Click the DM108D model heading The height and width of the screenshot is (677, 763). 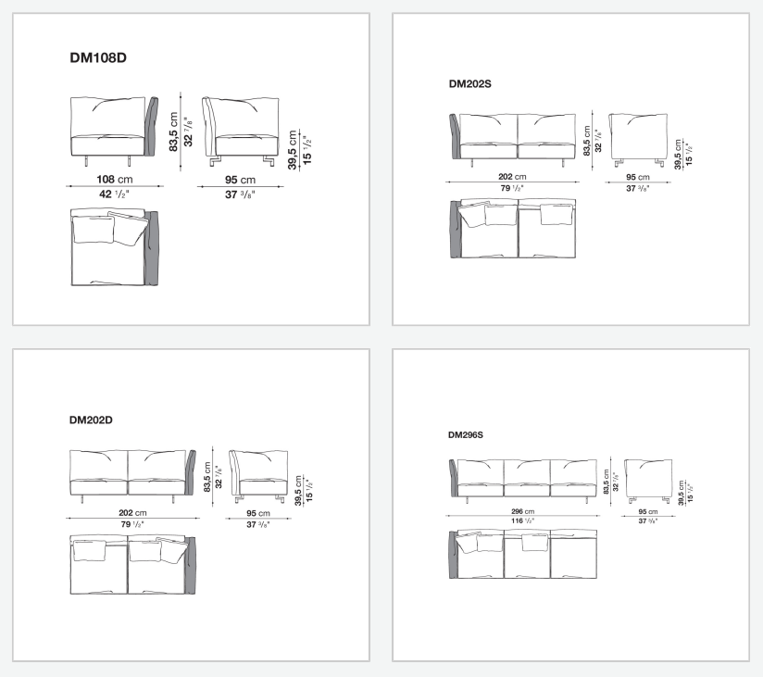click(x=98, y=58)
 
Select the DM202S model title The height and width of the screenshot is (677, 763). click(x=470, y=84)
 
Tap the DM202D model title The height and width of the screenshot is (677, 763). click(x=91, y=420)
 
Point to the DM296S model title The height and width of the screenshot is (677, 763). click(x=466, y=435)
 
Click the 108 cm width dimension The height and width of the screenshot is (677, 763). click(x=114, y=179)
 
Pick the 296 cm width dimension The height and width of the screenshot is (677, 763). click(x=522, y=511)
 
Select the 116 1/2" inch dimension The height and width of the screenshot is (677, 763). click(x=522, y=520)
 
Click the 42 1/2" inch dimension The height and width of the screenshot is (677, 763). click(x=114, y=194)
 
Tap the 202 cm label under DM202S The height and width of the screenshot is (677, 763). click(x=512, y=177)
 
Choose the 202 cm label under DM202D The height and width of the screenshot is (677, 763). click(x=132, y=513)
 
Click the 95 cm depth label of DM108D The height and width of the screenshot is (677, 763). click(x=240, y=180)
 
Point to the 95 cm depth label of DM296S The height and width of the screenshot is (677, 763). click(x=647, y=512)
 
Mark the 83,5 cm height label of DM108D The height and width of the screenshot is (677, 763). click(x=174, y=132)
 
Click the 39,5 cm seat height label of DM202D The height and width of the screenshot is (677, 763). click(x=298, y=491)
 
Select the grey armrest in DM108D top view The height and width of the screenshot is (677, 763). click(x=151, y=248)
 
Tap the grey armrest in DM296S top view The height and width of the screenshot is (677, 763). click(x=454, y=555)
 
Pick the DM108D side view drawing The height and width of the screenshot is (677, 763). click(x=241, y=132)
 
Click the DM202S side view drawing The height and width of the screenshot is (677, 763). click(x=638, y=139)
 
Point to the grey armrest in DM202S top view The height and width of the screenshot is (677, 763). click(x=456, y=229)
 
